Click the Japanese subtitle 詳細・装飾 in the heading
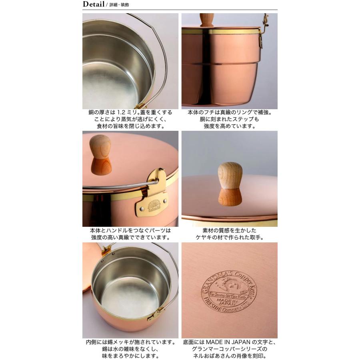pyautogui.click(x=119, y=5)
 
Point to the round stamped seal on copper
pyautogui.click(x=229, y=291)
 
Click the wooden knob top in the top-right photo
pyautogui.click(x=207, y=19)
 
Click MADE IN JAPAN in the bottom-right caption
pyautogui.click(x=232, y=342)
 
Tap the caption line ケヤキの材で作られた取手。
pyautogui.click(x=230, y=237)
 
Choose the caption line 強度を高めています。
pyautogui.click(x=229, y=126)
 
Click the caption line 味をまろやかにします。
pyautogui.click(x=130, y=356)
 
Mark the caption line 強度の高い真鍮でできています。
pyautogui.click(x=130, y=237)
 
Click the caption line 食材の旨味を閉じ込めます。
pyautogui.click(x=130, y=126)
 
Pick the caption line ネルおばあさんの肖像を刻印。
pyautogui.click(x=229, y=356)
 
